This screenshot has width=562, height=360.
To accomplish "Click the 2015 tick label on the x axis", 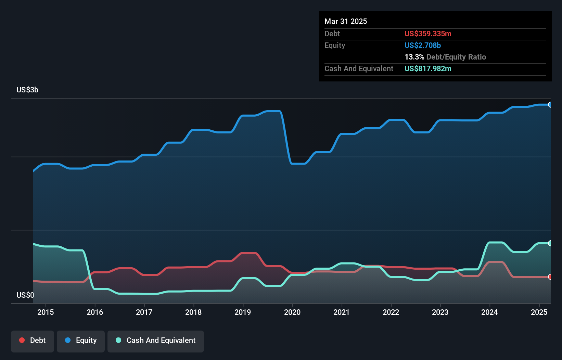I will click(x=46, y=312).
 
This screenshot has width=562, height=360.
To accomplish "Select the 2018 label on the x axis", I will click(x=193, y=312).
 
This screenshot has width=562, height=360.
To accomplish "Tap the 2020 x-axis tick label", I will click(x=292, y=312).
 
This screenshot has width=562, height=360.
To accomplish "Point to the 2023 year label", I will click(x=440, y=312).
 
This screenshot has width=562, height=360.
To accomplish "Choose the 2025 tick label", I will click(x=539, y=312).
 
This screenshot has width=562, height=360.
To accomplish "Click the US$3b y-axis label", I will click(x=27, y=90).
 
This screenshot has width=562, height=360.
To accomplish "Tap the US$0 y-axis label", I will click(x=25, y=295).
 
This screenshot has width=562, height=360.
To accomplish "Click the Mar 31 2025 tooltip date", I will click(x=346, y=22).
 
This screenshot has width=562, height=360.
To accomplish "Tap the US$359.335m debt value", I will click(x=428, y=34).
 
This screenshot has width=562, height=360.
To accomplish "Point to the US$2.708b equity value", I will click(x=422, y=46).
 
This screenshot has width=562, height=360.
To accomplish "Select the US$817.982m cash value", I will click(x=428, y=69).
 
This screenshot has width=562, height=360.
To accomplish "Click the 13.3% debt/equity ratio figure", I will click(x=414, y=57).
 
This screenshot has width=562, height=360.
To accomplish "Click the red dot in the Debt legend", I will click(x=22, y=340).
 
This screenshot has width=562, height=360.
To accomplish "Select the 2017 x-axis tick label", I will click(x=144, y=312).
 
